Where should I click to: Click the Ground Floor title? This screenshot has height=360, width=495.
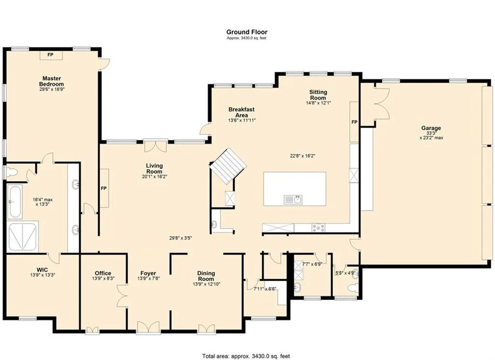247,32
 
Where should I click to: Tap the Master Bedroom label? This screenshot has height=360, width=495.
51,81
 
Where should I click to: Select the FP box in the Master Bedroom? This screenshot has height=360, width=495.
50,55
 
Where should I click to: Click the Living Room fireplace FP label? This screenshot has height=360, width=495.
103,188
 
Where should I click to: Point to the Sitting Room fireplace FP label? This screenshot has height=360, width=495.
354,122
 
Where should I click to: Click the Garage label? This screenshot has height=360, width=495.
431,128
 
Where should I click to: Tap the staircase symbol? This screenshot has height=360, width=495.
228,165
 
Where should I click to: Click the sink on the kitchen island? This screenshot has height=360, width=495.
293,199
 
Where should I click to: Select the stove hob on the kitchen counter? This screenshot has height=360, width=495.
319,227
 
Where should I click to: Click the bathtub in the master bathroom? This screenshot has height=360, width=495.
15,202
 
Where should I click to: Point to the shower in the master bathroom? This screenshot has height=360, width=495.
23,237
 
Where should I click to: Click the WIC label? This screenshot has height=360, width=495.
43,270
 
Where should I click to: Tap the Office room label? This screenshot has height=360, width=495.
103,273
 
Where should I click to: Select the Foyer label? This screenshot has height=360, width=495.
148,273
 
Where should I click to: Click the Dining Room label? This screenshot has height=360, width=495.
206,276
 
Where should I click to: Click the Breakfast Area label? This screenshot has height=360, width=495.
242,112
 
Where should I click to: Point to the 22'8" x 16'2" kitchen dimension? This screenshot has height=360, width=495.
303,155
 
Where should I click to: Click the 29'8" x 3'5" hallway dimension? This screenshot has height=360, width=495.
181,238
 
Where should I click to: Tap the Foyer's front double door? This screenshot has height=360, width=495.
148,327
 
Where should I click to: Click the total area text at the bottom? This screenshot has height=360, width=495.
246,356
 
